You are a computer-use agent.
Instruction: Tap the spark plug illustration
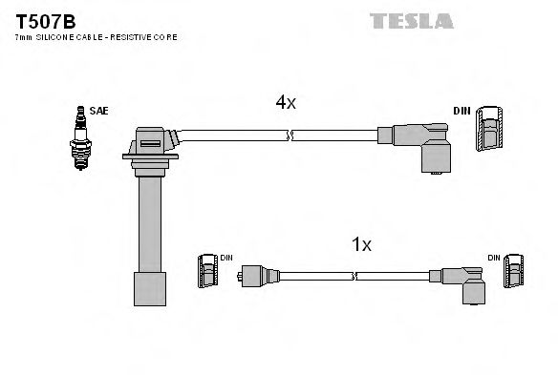pos(78,139)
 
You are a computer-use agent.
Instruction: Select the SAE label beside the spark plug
pos(98,112)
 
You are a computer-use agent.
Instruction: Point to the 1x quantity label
pos(361,244)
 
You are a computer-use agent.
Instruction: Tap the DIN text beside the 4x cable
pos(461,112)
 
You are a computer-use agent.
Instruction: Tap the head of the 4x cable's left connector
pos(151,143)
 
